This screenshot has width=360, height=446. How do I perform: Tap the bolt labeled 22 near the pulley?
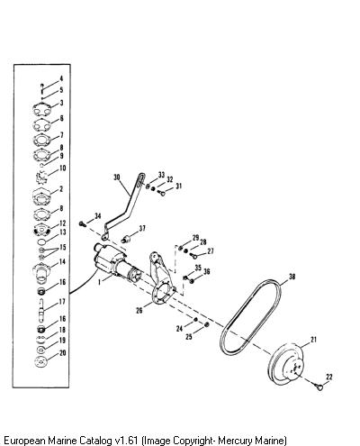tap(319, 387)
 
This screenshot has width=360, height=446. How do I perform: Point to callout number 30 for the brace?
tap(117, 177)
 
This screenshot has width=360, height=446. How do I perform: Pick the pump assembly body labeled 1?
tap(115, 263)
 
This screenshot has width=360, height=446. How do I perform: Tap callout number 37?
tap(142, 229)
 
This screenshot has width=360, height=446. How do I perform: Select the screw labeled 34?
tap(82, 223)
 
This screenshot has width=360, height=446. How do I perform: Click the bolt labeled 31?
tap(162, 193)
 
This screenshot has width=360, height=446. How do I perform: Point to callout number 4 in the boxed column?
tap(61, 78)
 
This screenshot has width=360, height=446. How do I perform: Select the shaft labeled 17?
tap(41, 308)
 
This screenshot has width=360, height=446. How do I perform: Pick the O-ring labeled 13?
tap(41, 241)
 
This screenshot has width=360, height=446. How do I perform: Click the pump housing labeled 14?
tap(41, 273)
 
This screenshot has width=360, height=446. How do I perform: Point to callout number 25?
tap(189, 337)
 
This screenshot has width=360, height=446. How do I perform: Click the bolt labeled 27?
tap(193, 256)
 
